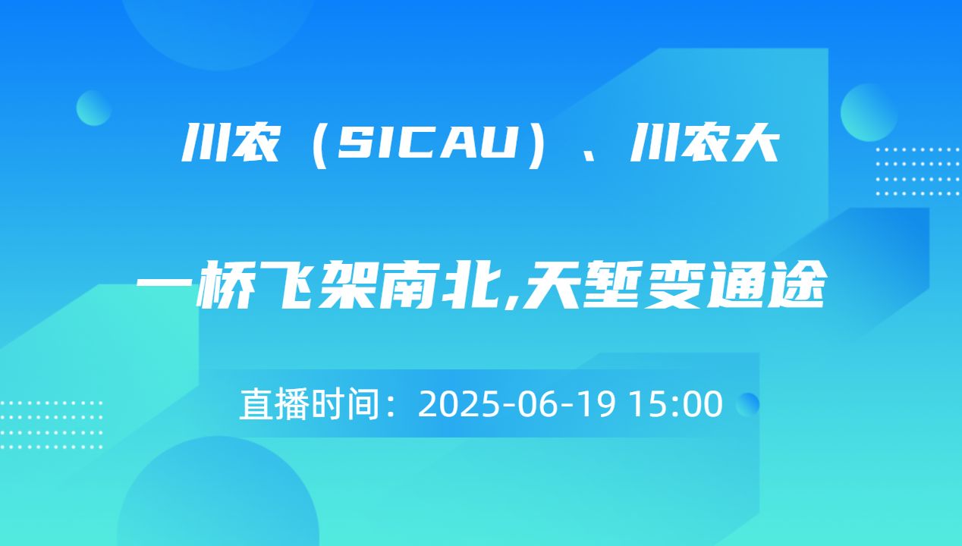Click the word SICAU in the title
coord(422,143)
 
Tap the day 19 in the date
coord(602,404)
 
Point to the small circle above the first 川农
coord(94,108)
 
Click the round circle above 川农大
coord(869,111)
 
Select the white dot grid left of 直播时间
coord(51,425)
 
